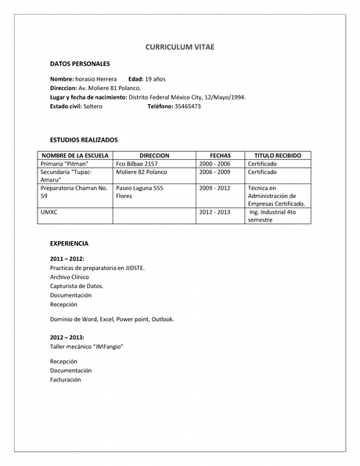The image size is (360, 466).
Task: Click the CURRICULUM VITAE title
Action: [179, 48]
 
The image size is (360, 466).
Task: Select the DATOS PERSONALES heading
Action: [80, 63]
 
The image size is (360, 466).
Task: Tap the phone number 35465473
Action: [187, 106]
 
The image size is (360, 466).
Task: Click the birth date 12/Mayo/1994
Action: [220, 97]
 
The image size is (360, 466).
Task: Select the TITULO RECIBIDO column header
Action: [273, 155]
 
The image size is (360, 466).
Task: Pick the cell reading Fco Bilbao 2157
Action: [136, 164]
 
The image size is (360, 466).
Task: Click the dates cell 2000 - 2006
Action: [214, 164]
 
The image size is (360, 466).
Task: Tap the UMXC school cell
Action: [49, 212]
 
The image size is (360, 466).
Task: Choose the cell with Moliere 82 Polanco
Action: [142, 172]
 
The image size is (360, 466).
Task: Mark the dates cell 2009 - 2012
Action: [214, 189]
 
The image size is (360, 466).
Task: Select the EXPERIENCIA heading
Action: [69, 244]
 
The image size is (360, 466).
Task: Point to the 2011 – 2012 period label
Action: [67, 258]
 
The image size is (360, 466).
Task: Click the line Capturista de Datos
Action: [77, 286]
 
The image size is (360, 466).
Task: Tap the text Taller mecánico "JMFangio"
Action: [86, 345]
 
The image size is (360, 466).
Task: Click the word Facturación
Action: [65, 379]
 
